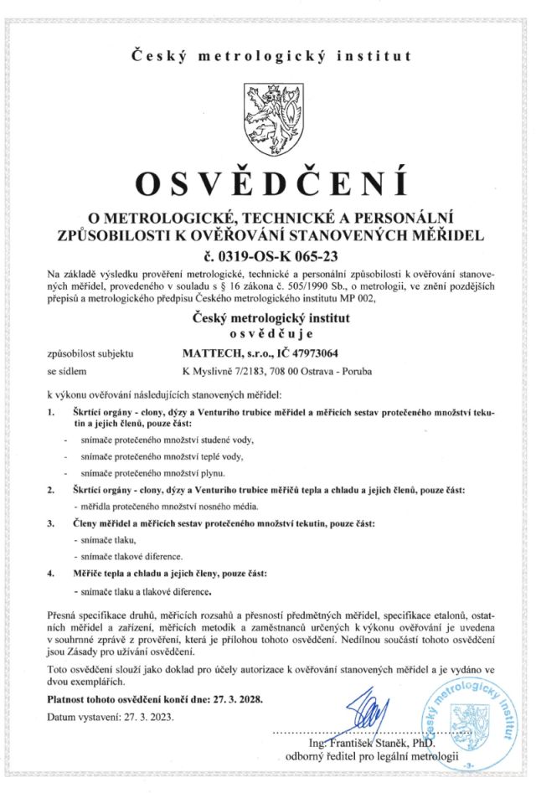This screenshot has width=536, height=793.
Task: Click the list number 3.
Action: click(51, 523)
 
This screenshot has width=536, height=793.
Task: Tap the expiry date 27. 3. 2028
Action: click(234, 698)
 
